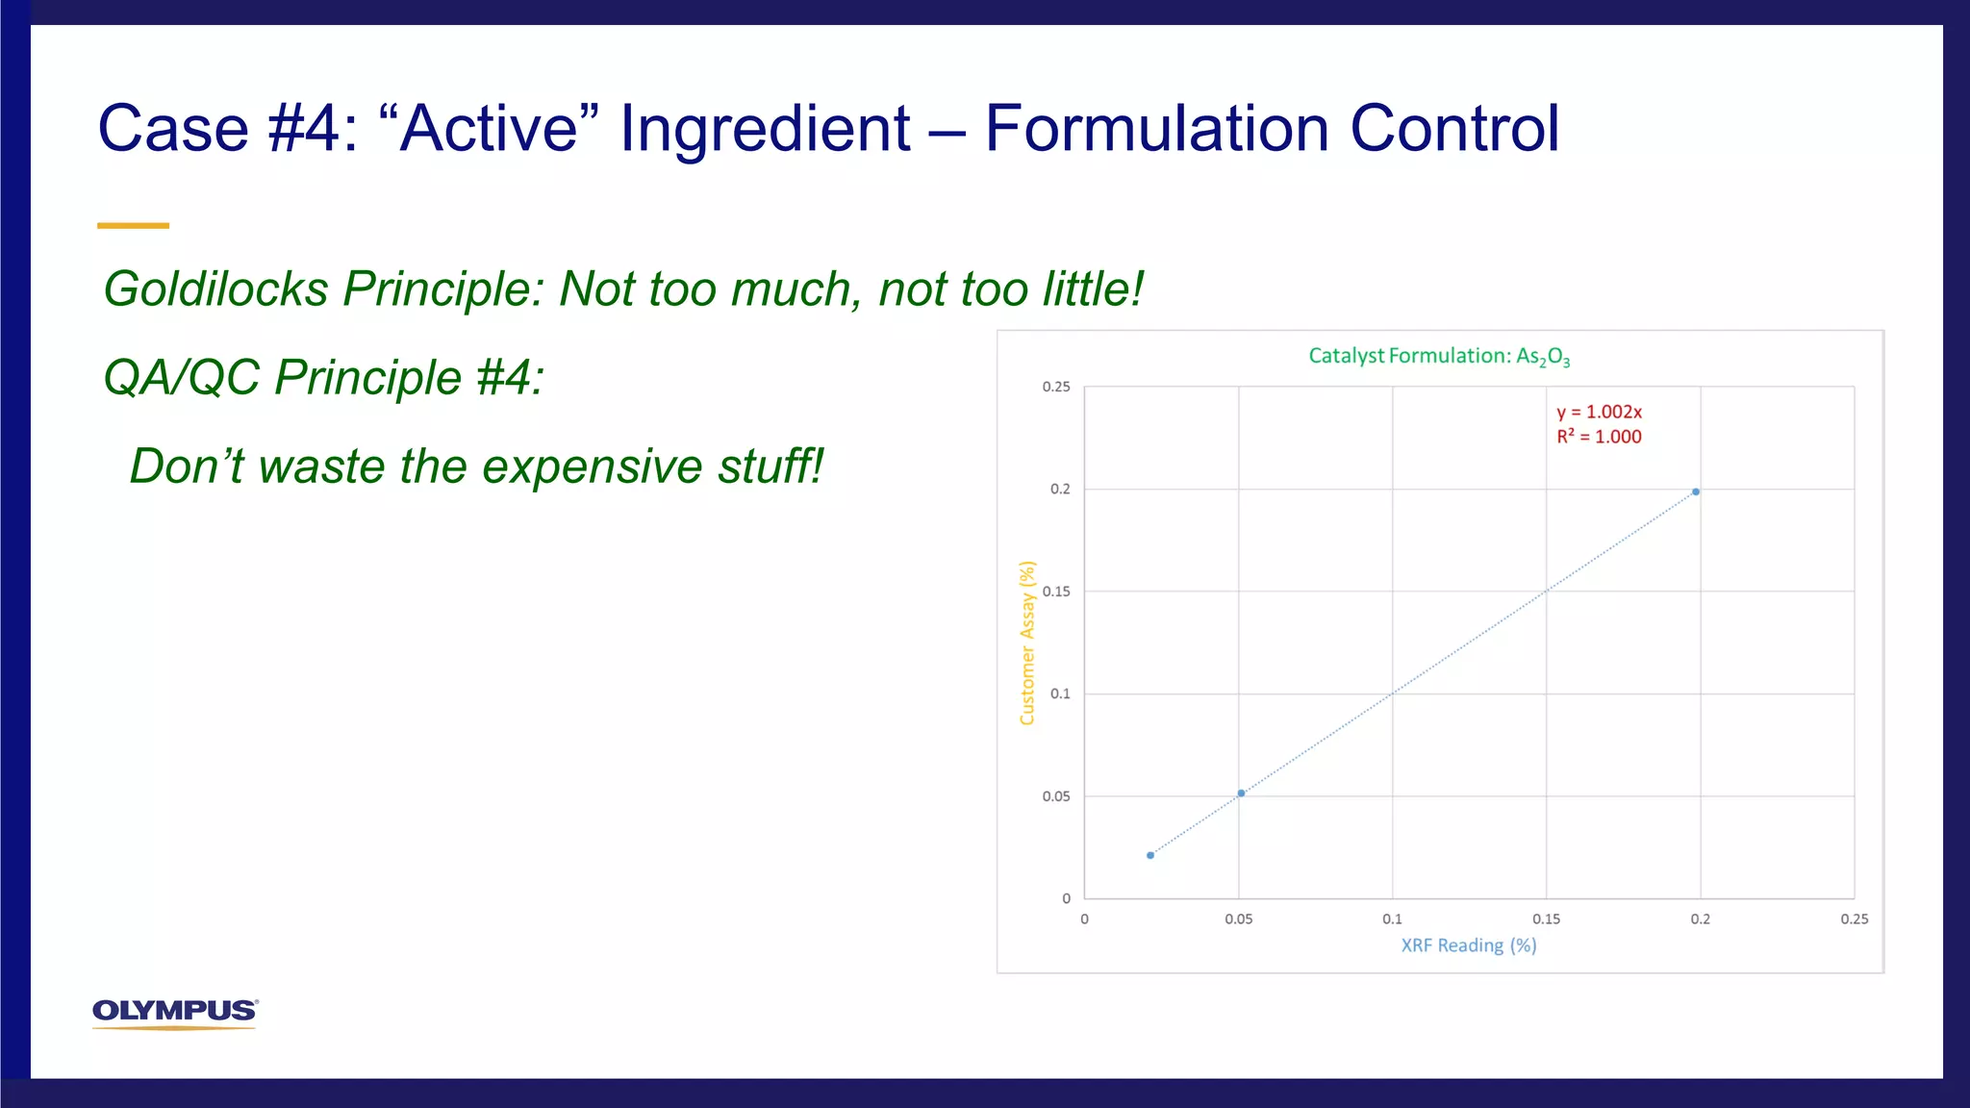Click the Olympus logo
tap(175, 1013)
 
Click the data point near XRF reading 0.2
tap(1696, 492)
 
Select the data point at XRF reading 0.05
tap(1241, 793)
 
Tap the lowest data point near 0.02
tap(1150, 855)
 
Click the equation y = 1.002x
tap(1599, 413)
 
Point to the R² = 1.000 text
tap(1599, 437)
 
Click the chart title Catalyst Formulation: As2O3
tap(1439, 357)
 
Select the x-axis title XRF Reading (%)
tap(1468, 945)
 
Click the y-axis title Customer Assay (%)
tap(1027, 642)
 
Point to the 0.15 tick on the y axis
tap(1056, 592)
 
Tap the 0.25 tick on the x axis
tap(1854, 919)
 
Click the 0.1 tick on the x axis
tap(1392, 919)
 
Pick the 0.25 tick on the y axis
tap(1056, 387)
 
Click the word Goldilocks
tap(215, 290)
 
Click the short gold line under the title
tap(133, 226)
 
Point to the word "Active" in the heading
tap(489, 129)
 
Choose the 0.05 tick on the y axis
tap(1056, 796)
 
